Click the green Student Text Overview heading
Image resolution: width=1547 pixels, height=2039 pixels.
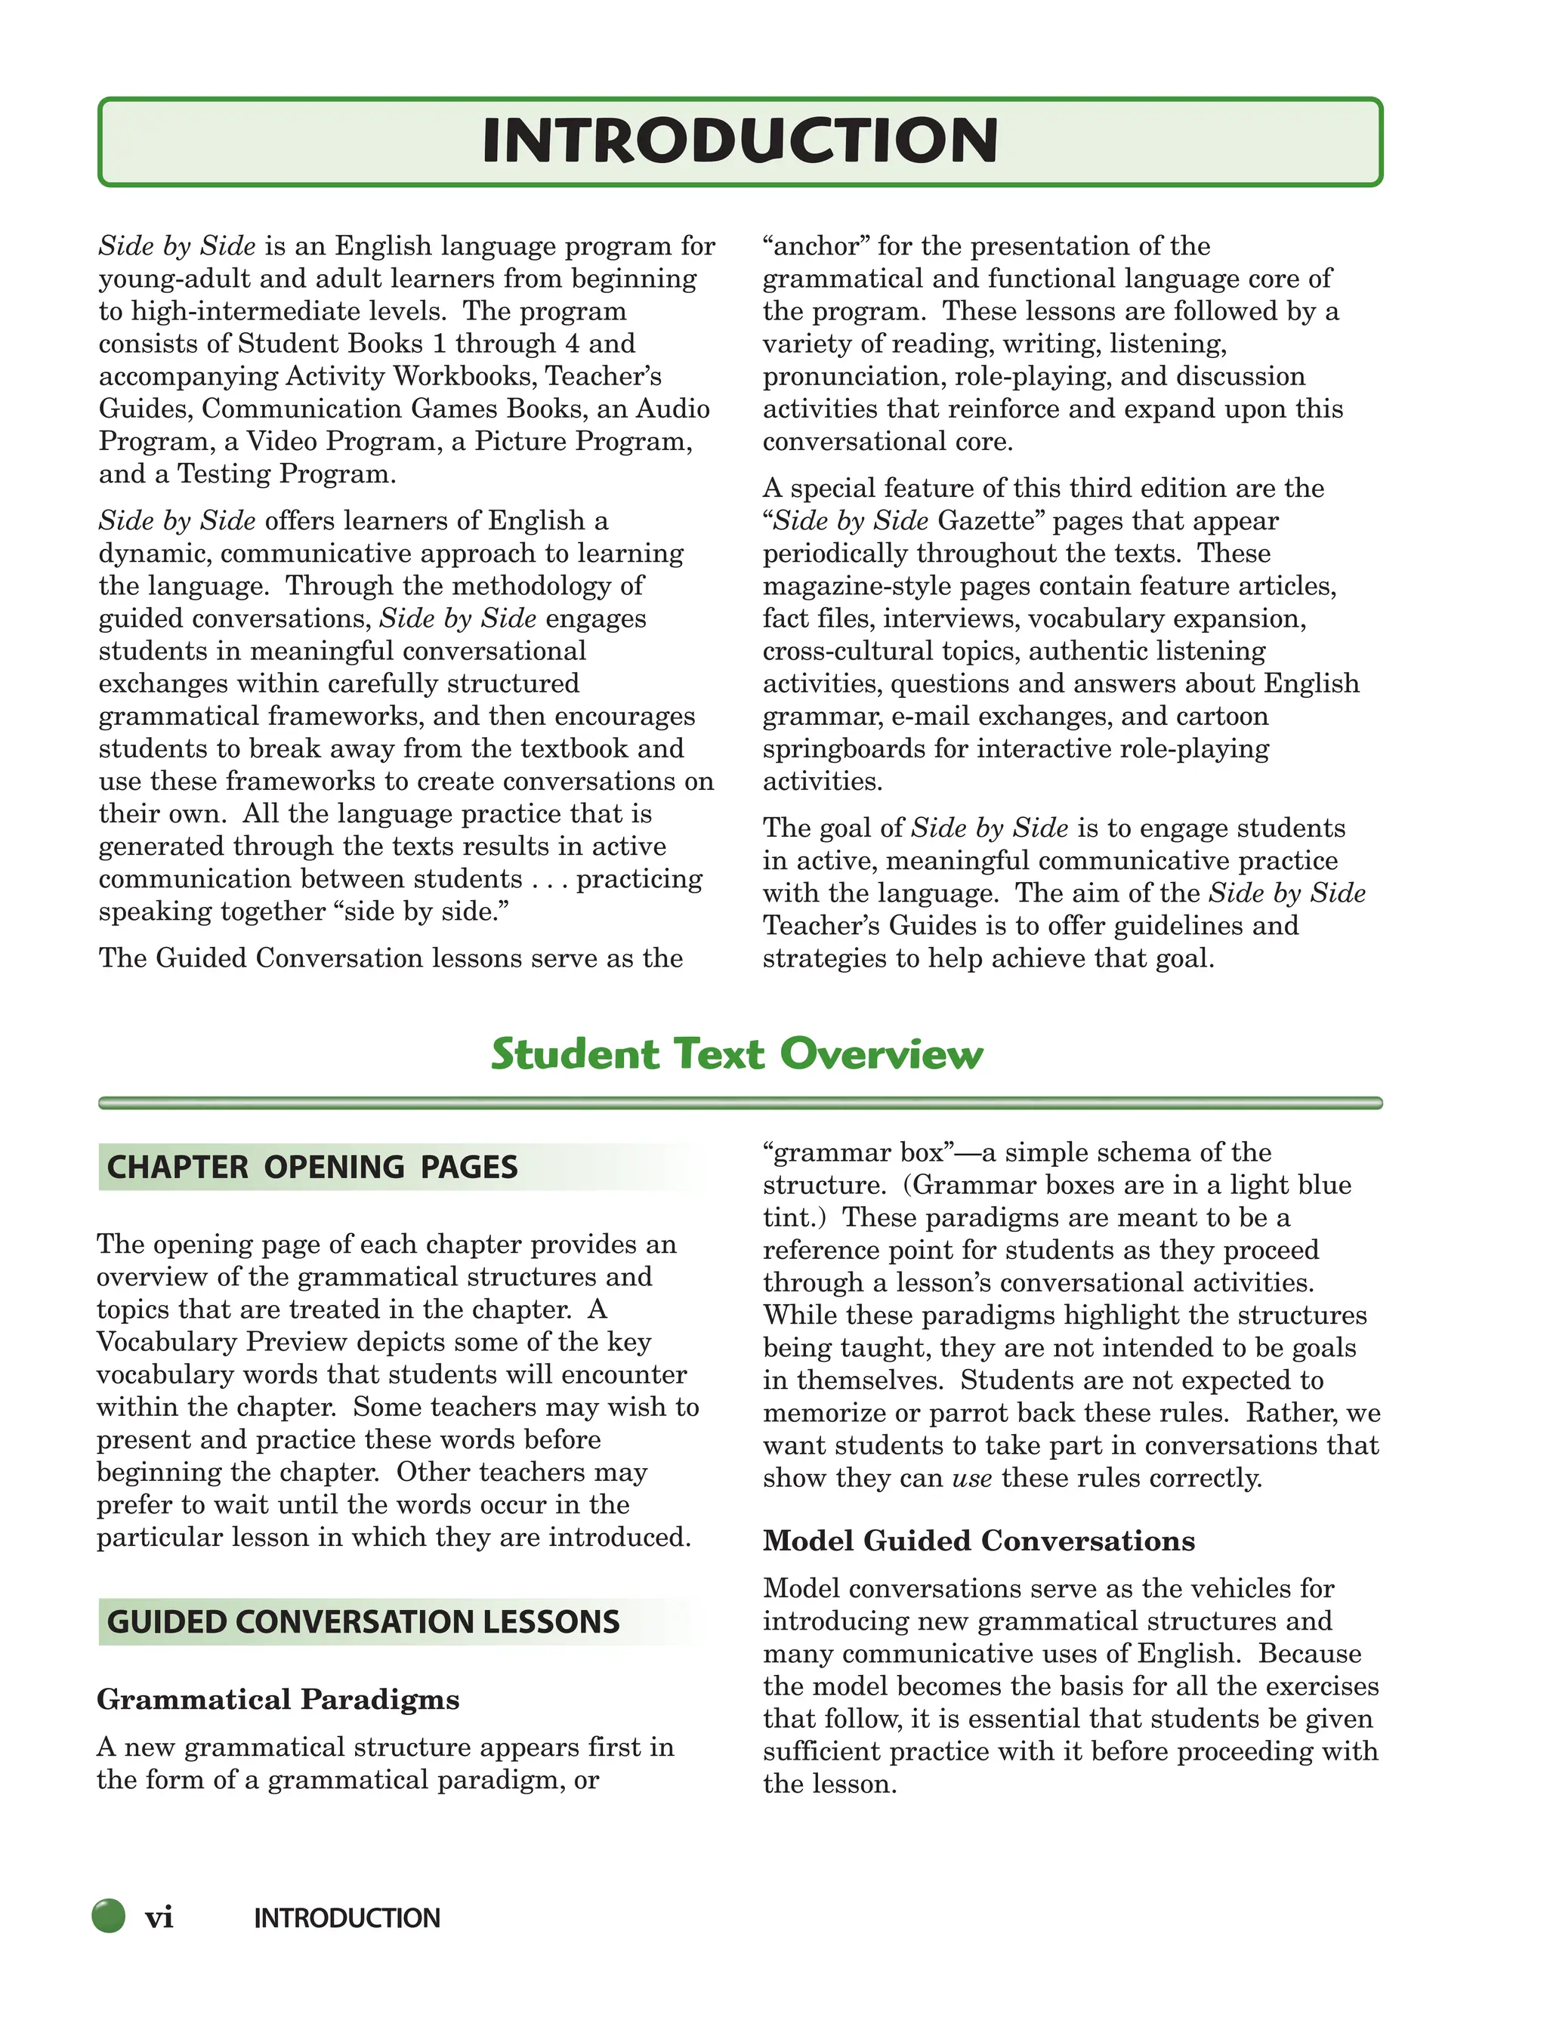[736, 1053]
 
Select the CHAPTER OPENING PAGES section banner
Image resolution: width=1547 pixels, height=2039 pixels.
[313, 1167]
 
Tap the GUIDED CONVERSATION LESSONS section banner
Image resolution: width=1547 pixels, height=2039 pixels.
[363, 1622]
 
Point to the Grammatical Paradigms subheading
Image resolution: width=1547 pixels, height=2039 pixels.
[277, 1699]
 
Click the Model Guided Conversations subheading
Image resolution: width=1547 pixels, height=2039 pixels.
[978, 1541]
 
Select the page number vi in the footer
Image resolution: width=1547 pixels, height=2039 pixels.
[159, 1917]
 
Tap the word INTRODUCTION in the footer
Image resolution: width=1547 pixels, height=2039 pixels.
[347, 1918]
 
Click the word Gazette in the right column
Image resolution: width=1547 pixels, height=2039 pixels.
[991, 521]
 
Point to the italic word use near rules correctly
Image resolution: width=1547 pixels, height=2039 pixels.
[971, 1479]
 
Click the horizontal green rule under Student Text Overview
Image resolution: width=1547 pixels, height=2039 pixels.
[740, 1103]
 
